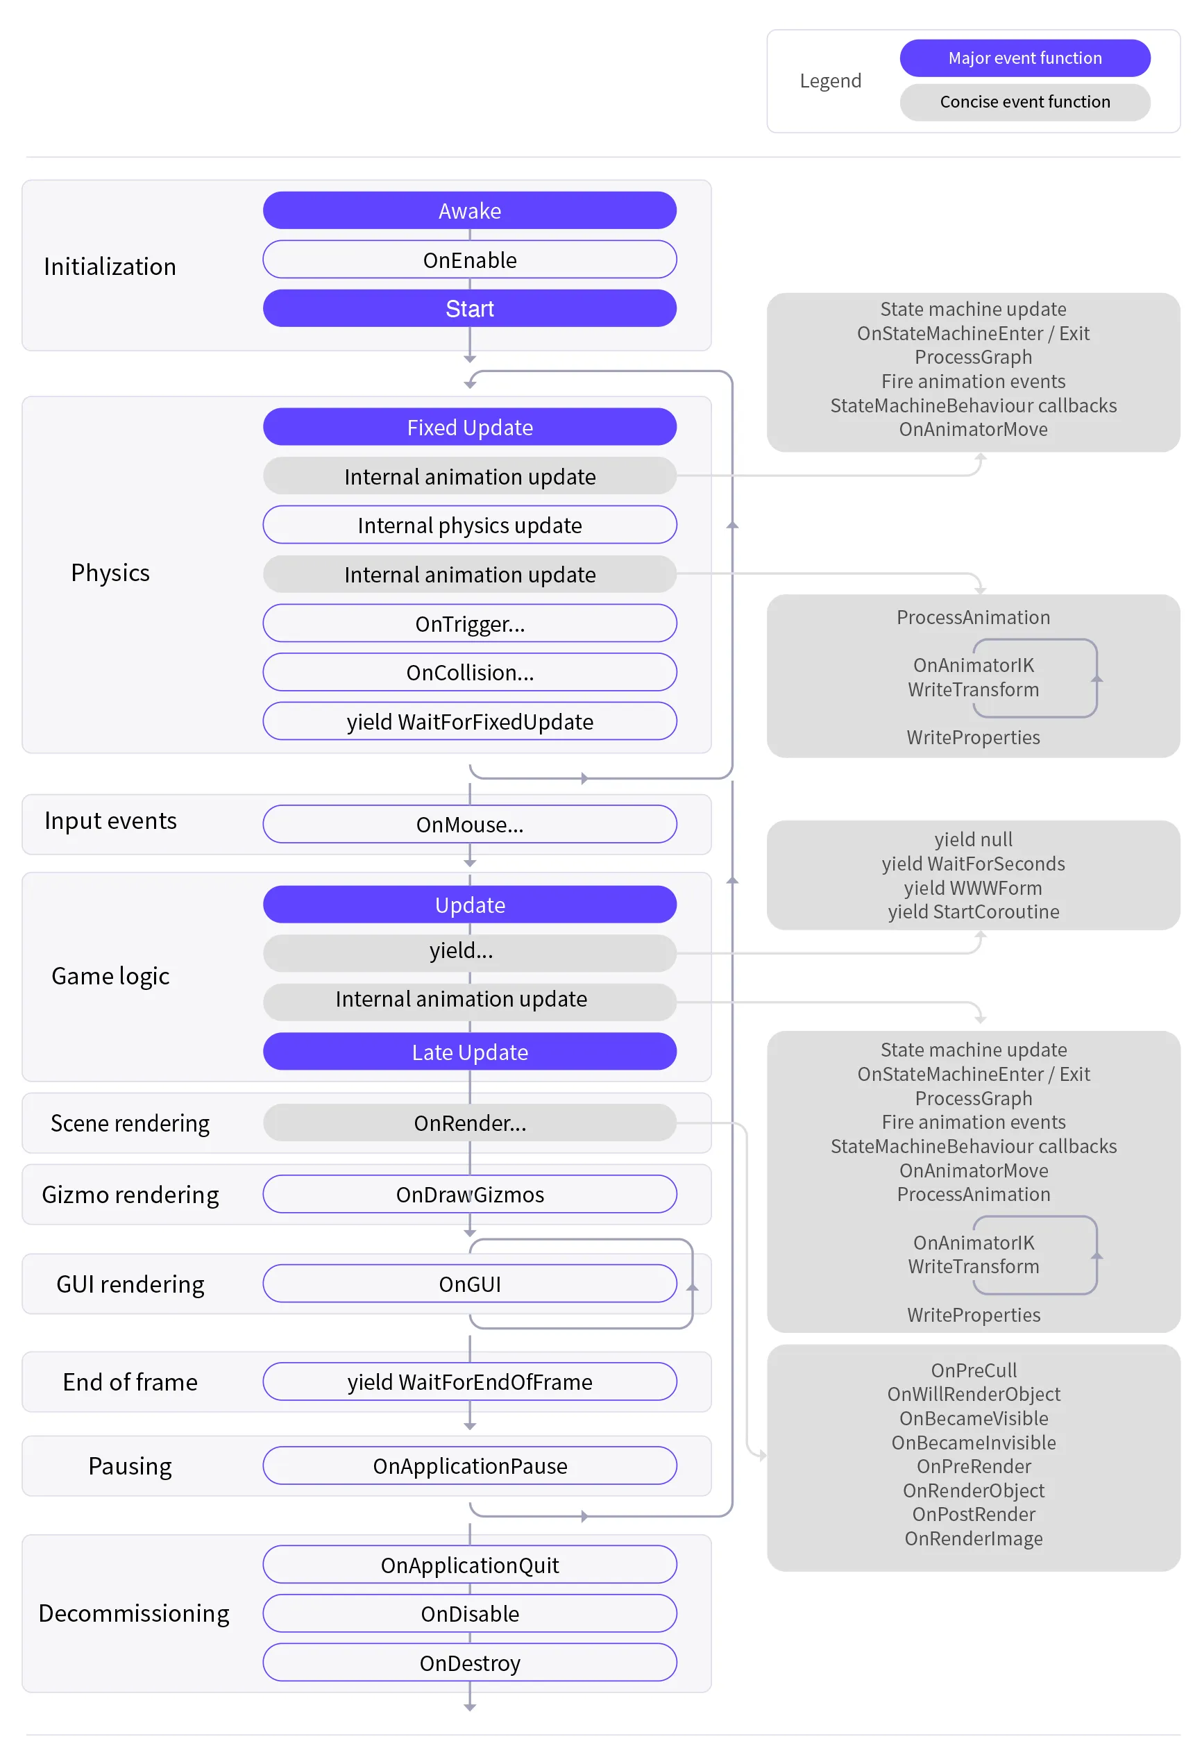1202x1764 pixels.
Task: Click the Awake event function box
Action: coord(470,210)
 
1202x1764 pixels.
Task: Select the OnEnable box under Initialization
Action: coord(470,260)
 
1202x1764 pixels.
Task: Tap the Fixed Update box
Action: coord(470,428)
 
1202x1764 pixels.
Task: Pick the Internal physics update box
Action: coord(470,526)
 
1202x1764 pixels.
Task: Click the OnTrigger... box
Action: coord(470,623)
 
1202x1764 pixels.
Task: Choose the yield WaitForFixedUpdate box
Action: coord(470,721)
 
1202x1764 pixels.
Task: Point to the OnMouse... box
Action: coord(470,824)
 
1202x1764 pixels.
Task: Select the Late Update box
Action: coord(470,1052)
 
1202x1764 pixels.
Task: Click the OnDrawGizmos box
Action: coord(470,1195)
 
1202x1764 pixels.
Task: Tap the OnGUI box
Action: coord(470,1284)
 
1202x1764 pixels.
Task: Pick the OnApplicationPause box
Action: coord(470,1465)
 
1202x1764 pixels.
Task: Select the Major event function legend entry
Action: coord(1025,58)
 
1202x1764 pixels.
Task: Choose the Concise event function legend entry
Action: coord(1025,102)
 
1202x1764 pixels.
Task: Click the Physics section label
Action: coord(110,573)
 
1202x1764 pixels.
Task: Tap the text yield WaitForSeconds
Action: coord(974,864)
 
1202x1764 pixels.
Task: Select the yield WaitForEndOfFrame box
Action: coord(470,1382)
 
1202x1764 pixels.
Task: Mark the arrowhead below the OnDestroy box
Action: coord(470,1708)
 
